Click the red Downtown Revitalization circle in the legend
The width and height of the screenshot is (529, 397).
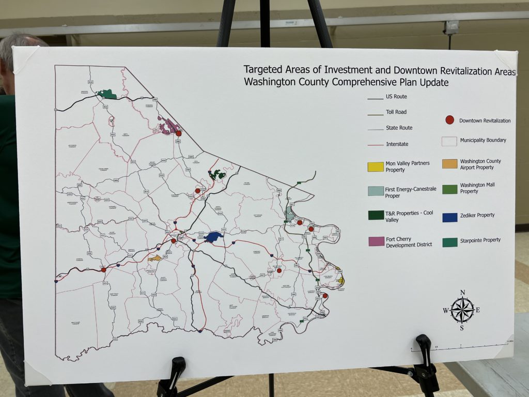pyautogui.click(x=449, y=120)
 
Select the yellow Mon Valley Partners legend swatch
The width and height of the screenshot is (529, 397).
pyautogui.click(x=376, y=166)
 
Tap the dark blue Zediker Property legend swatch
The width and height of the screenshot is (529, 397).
pyautogui.click(x=450, y=217)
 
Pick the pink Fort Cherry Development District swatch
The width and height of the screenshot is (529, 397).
pyautogui.click(x=376, y=241)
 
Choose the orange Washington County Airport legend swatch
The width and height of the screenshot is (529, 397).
pyautogui.click(x=450, y=164)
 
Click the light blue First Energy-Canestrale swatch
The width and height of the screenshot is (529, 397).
pyautogui.click(x=376, y=191)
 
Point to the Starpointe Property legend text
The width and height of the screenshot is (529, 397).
pyautogui.click(x=480, y=240)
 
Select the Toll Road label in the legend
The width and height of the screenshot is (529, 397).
pyautogui.click(x=396, y=112)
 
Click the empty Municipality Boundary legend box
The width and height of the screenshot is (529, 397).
pyautogui.click(x=450, y=141)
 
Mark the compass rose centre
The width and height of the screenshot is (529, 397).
pyautogui.click(x=462, y=310)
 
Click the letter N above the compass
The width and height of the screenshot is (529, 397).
pyautogui.click(x=462, y=293)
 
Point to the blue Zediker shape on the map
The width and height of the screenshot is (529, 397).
pyautogui.click(x=213, y=237)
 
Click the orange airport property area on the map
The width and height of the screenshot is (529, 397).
pyautogui.click(x=154, y=257)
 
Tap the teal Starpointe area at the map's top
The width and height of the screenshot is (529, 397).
pyautogui.click(x=108, y=94)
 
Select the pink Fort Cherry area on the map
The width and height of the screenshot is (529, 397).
pyautogui.click(x=168, y=127)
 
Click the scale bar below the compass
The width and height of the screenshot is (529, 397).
pyautogui.click(x=455, y=347)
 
